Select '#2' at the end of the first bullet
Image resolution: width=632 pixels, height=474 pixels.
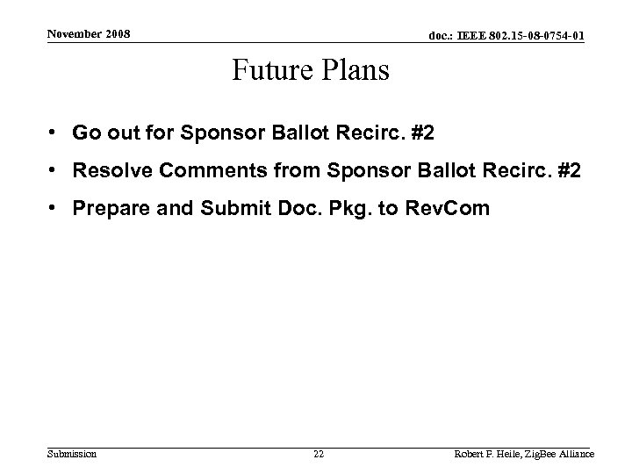pos(422,133)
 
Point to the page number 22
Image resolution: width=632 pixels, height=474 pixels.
pos(319,454)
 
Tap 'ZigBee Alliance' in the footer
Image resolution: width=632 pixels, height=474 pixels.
pos(564,454)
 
